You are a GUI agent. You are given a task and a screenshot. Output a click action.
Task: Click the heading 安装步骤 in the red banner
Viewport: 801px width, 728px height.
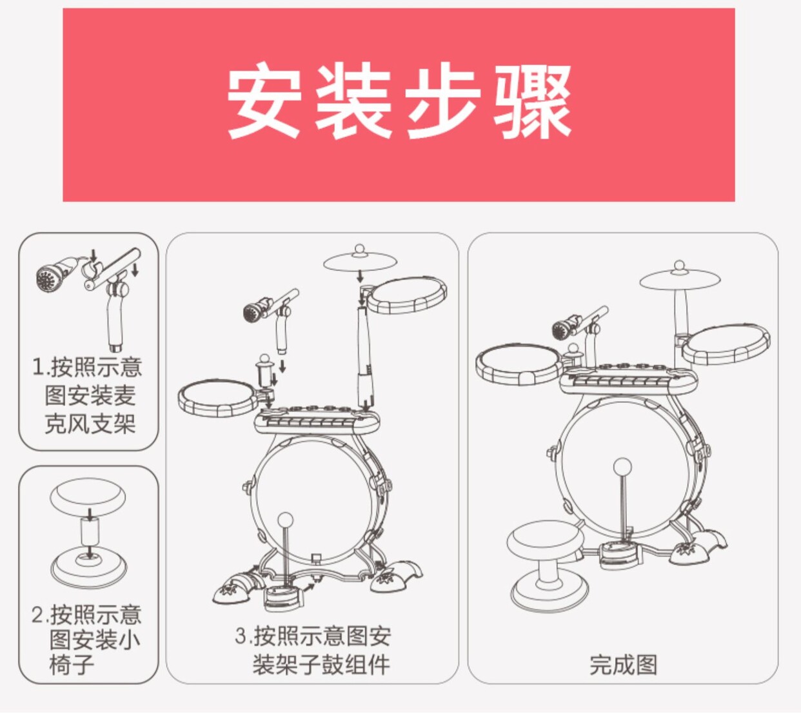tap(399, 103)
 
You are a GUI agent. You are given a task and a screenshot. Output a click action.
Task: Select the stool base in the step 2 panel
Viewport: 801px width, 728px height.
tap(88, 567)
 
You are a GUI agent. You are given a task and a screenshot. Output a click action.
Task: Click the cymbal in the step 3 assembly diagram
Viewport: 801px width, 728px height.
tap(360, 260)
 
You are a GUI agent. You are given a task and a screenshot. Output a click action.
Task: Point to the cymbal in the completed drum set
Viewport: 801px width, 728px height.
tap(680, 278)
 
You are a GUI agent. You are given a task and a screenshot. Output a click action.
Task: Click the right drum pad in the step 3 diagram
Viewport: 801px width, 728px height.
tap(408, 295)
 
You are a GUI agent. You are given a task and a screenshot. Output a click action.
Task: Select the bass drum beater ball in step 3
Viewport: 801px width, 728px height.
tap(284, 520)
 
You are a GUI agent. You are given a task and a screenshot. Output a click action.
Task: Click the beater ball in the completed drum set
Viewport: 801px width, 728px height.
tap(622, 466)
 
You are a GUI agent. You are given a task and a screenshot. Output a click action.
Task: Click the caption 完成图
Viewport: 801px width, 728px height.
tap(623, 664)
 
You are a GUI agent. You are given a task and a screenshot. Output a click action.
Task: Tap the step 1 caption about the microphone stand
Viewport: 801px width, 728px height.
tap(88, 395)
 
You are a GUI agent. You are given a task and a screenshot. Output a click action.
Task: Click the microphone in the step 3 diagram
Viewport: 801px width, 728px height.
tap(257, 311)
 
